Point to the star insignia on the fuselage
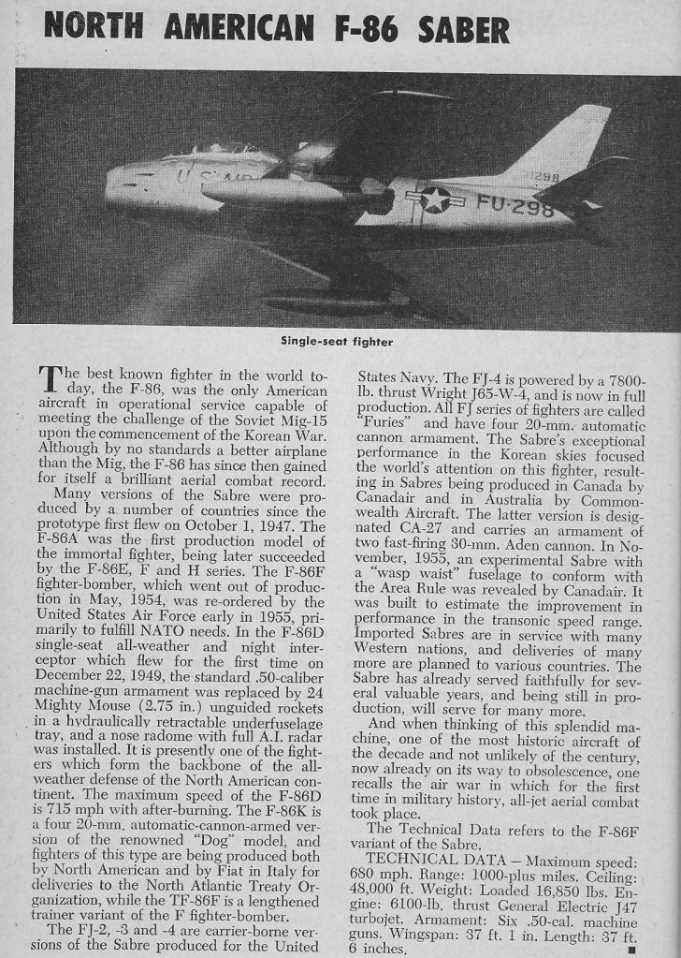click(435, 199)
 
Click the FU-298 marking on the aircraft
click(515, 205)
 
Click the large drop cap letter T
click(50, 381)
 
